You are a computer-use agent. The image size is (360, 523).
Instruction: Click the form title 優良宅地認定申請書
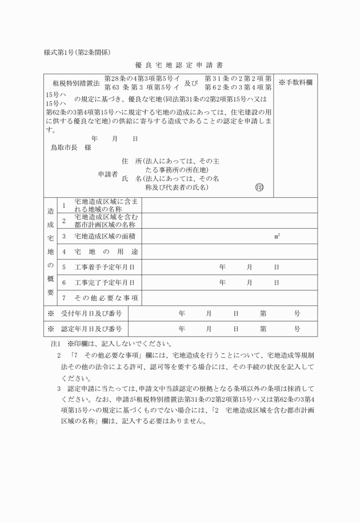tap(179, 65)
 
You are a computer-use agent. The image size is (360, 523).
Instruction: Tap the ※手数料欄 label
tap(295, 83)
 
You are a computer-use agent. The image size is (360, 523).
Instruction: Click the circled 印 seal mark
tap(260, 187)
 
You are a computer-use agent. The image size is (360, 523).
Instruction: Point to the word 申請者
tap(107, 174)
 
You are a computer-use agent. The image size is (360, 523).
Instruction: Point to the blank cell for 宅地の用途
tap(229, 251)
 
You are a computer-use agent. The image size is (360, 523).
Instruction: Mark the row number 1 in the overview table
tap(64, 205)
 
